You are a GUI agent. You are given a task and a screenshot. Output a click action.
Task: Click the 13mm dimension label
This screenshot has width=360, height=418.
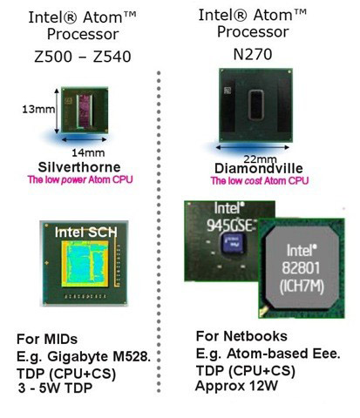tap(38, 109)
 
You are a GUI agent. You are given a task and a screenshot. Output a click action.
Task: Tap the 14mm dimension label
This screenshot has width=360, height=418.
tap(88, 152)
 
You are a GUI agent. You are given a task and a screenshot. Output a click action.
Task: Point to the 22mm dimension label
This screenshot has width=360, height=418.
tap(260, 159)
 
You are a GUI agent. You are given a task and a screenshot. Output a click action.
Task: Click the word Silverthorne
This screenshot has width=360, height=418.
tap(79, 167)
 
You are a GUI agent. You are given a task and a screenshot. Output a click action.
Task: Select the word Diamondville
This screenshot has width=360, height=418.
tap(259, 168)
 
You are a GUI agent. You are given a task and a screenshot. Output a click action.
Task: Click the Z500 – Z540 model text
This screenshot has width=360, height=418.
tap(83, 57)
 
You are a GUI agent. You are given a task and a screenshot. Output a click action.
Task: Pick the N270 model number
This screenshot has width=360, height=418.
tap(253, 54)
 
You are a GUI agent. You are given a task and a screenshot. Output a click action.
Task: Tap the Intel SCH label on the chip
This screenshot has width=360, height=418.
tap(86, 233)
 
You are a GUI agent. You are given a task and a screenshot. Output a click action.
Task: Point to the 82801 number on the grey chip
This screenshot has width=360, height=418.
tap(301, 268)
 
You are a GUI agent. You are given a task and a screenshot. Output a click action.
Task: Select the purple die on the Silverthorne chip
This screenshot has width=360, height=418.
tap(85, 111)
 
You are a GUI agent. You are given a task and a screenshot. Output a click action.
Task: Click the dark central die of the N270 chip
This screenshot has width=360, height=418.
tap(256, 105)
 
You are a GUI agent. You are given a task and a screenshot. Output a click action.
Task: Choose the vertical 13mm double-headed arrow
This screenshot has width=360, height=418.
tap(57, 111)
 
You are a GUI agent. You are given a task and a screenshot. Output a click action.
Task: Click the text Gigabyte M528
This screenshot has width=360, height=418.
tap(99, 357)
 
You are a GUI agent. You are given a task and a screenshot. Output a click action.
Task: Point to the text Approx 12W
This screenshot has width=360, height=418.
tap(236, 386)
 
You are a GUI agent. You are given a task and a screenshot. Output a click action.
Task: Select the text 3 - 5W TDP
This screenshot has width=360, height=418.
tap(55, 388)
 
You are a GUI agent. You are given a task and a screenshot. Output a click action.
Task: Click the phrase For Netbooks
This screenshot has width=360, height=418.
tap(241, 336)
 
